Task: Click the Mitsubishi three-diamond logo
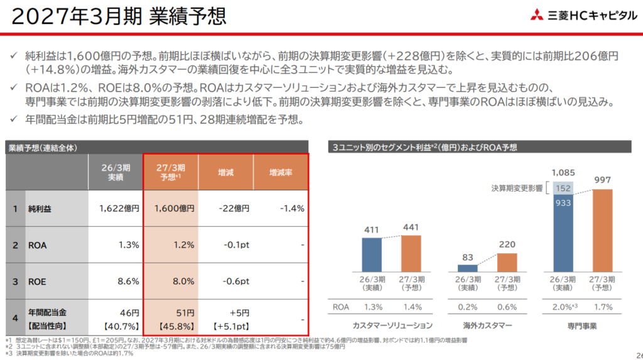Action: click(x=537, y=15)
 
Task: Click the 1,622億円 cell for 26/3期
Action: click(x=119, y=209)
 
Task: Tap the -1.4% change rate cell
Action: click(x=292, y=209)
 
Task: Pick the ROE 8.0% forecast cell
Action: click(x=183, y=281)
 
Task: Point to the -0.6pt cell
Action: click(x=236, y=281)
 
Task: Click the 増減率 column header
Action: click(x=281, y=173)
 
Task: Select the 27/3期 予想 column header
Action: click(x=171, y=172)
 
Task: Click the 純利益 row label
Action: click(x=40, y=209)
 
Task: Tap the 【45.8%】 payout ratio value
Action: click(x=176, y=327)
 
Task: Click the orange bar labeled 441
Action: click(x=411, y=253)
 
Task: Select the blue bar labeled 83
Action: click(x=467, y=268)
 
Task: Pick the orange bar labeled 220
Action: click(x=507, y=262)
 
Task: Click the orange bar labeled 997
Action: click(x=602, y=231)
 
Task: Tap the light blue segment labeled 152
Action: click(x=563, y=188)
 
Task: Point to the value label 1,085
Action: click(x=563, y=173)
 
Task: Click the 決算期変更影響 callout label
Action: click(x=517, y=188)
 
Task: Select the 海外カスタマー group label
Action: click(x=487, y=325)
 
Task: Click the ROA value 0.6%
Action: click(x=507, y=307)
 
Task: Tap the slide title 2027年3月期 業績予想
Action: click(x=119, y=16)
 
